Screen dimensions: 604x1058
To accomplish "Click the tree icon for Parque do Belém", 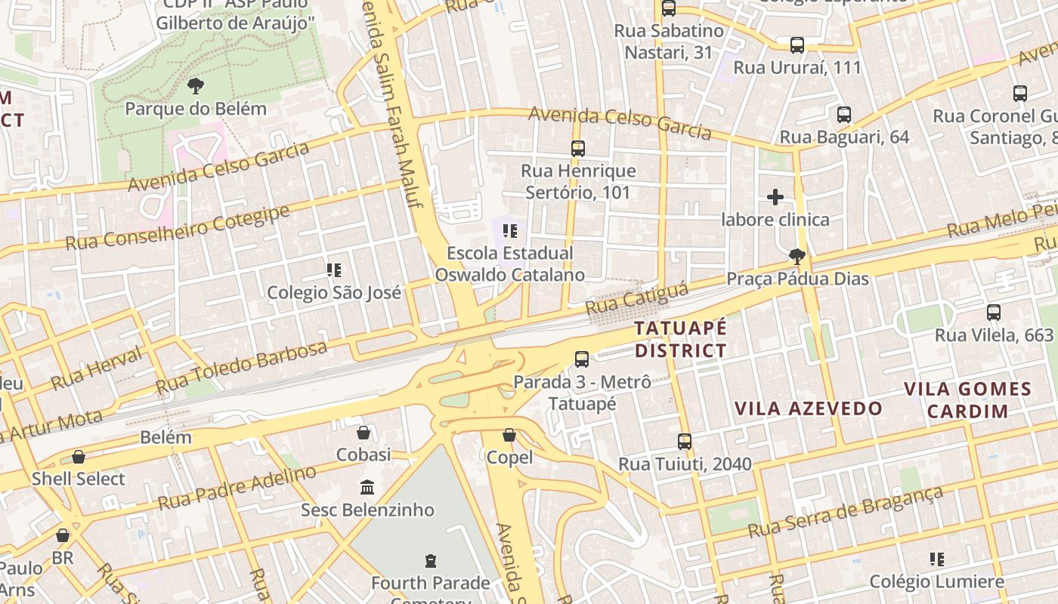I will pyautogui.click(x=196, y=86).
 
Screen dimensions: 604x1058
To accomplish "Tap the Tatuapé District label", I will pyautogui.click(x=680, y=339).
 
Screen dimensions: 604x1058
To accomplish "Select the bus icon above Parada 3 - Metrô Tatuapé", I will pyautogui.click(x=581, y=359).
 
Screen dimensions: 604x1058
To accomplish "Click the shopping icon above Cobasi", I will pyautogui.click(x=363, y=433).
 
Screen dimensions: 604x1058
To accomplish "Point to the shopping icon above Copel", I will pyautogui.click(x=509, y=435).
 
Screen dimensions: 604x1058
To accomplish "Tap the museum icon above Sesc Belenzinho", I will pyautogui.click(x=367, y=487).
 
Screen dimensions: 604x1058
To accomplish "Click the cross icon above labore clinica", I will pyautogui.click(x=775, y=197).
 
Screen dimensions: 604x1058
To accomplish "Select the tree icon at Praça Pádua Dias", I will pyautogui.click(x=797, y=257).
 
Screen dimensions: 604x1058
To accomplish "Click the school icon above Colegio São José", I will pyautogui.click(x=334, y=270).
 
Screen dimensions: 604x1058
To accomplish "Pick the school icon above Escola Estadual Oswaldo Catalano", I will pyautogui.click(x=509, y=230).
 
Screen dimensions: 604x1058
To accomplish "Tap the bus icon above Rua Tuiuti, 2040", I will pyautogui.click(x=685, y=441).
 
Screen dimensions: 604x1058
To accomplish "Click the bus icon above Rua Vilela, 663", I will pyautogui.click(x=993, y=312).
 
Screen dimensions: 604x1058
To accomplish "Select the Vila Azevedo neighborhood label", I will pyautogui.click(x=809, y=408).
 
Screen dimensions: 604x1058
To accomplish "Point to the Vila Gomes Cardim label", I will pyautogui.click(x=968, y=400).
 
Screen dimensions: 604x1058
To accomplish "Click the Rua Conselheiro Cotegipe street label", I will pyautogui.click(x=178, y=227).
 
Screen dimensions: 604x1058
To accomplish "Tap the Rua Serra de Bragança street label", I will pyautogui.click(x=846, y=513).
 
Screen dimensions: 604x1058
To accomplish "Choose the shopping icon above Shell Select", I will pyautogui.click(x=79, y=457).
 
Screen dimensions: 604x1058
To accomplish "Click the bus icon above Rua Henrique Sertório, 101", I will pyautogui.click(x=578, y=149).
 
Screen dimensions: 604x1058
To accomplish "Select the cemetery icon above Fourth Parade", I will pyautogui.click(x=431, y=560).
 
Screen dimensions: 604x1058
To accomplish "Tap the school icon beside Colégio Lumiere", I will pyautogui.click(x=937, y=559).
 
